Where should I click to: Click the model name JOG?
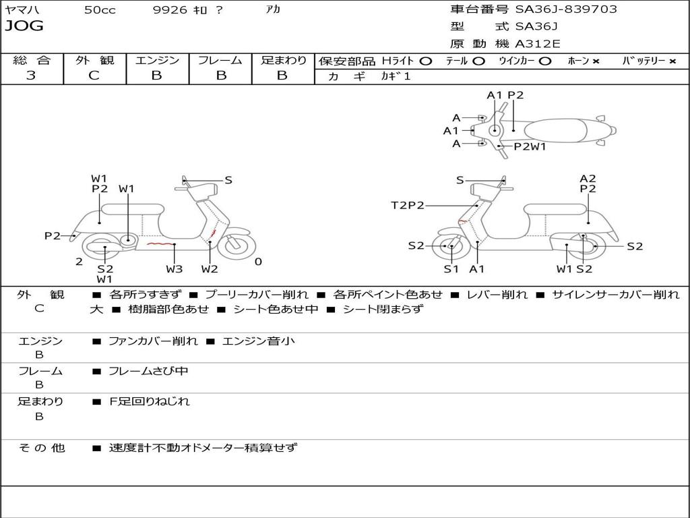(x=24, y=26)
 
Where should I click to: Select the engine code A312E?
(x=538, y=44)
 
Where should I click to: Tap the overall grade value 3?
(x=31, y=76)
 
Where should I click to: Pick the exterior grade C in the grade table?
(x=94, y=76)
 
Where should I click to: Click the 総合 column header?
(x=32, y=61)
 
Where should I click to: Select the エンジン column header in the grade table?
(x=157, y=61)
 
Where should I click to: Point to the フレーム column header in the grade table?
(x=220, y=61)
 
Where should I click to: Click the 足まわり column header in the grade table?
(x=283, y=61)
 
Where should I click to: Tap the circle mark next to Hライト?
(x=425, y=61)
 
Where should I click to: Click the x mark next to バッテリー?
(x=672, y=61)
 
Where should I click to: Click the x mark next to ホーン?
(x=596, y=61)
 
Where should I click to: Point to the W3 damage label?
(x=174, y=269)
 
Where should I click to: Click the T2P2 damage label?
(x=408, y=205)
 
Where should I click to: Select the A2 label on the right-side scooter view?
(x=588, y=179)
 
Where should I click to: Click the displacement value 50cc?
(x=100, y=10)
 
